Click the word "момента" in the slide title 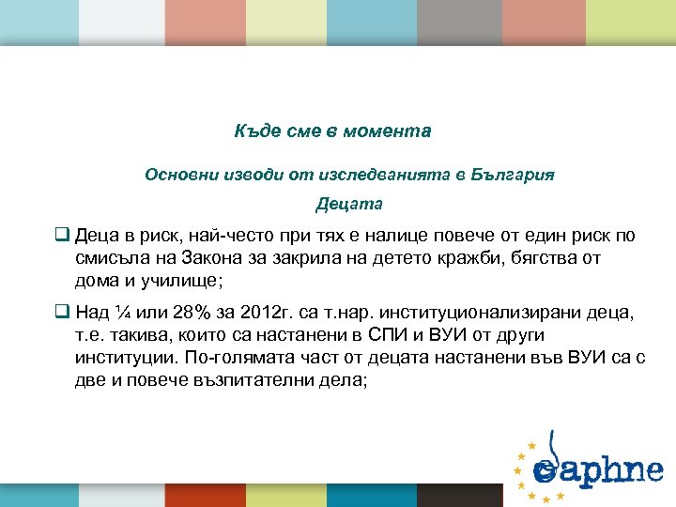(x=392, y=131)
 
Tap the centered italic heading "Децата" (x=349, y=203)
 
